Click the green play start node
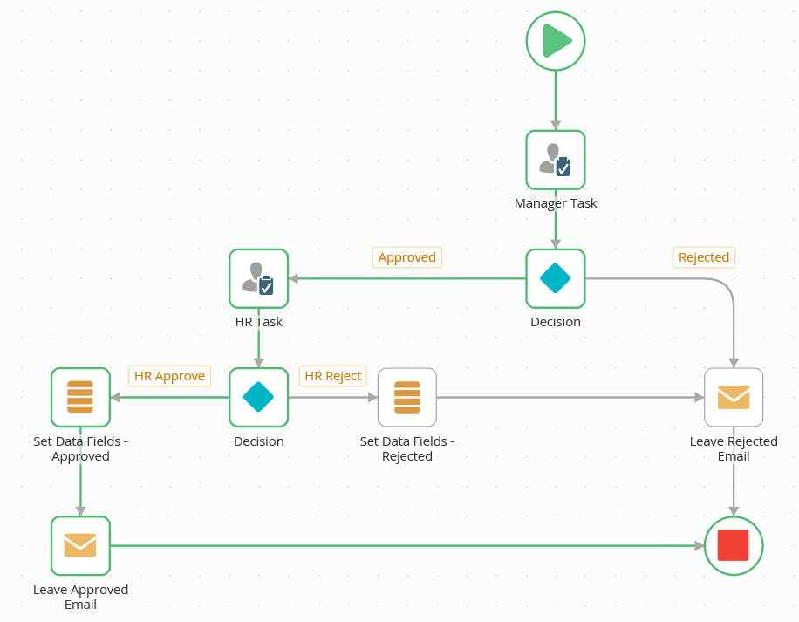point(556,41)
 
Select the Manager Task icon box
point(556,160)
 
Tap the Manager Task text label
point(556,203)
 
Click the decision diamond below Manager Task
point(556,278)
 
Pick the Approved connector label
point(407,257)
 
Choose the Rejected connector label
point(704,257)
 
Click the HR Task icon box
point(258,278)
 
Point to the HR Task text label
point(258,322)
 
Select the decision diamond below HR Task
point(258,397)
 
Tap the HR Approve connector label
point(169,376)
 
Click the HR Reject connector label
point(332,376)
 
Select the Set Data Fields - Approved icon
point(80,397)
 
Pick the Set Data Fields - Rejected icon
point(406,397)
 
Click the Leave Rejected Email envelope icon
point(734,397)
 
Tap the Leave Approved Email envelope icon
point(80,545)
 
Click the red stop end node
point(734,545)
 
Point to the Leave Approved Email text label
point(80,597)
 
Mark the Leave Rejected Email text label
point(734,448)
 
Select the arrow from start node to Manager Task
point(556,100)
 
